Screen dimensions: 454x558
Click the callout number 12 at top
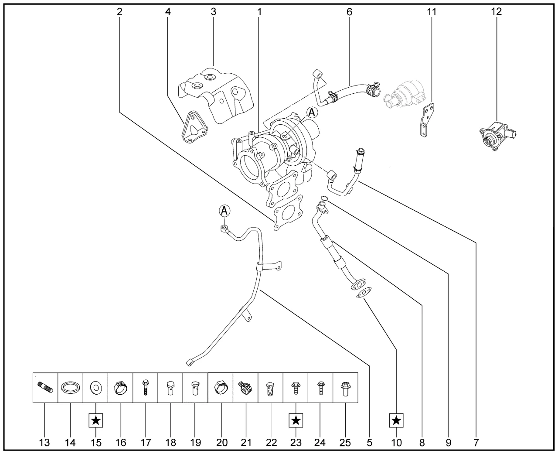pos(496,11)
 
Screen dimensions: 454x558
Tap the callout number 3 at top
pos(214,11)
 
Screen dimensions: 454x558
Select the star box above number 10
pos(396,421)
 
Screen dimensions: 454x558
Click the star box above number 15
pos(96,421)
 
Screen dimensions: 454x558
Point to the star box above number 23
pos(296,421)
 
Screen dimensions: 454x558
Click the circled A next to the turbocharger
pos(312,113)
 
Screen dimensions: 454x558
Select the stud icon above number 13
pos(45,387)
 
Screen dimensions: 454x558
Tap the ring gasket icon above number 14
pos(70,387)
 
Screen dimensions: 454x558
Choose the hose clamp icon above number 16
pos(120,387)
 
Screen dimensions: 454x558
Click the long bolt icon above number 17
pos(145,387)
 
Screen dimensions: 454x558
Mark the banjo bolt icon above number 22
pos(271,388)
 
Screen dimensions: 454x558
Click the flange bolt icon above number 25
pos(345,388)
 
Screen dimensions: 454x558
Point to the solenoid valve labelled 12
pos(497,137)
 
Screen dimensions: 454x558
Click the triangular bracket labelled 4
pos(193,128)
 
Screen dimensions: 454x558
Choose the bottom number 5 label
pos(370,443)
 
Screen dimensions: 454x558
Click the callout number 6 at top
pos(349,11)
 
